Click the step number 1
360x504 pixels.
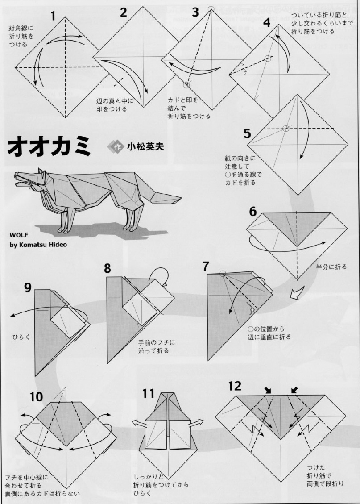click(53, 16)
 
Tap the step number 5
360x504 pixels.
click(247, 133)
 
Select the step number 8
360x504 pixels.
click(107, 268)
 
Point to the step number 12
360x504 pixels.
click(235, 386)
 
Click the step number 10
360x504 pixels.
click(36, 397)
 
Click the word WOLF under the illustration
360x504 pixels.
click(19, 235)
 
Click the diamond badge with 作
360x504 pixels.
click(115, 146)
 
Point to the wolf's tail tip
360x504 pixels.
click(181, 197)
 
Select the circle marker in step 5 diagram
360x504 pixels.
click(286, 129)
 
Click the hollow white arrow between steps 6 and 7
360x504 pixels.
click(296, 293)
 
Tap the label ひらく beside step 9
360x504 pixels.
click(21, 337)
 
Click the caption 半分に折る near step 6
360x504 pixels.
click(331, 267)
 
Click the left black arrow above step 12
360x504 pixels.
click(268, 390)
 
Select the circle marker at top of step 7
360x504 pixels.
click(223, 274)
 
